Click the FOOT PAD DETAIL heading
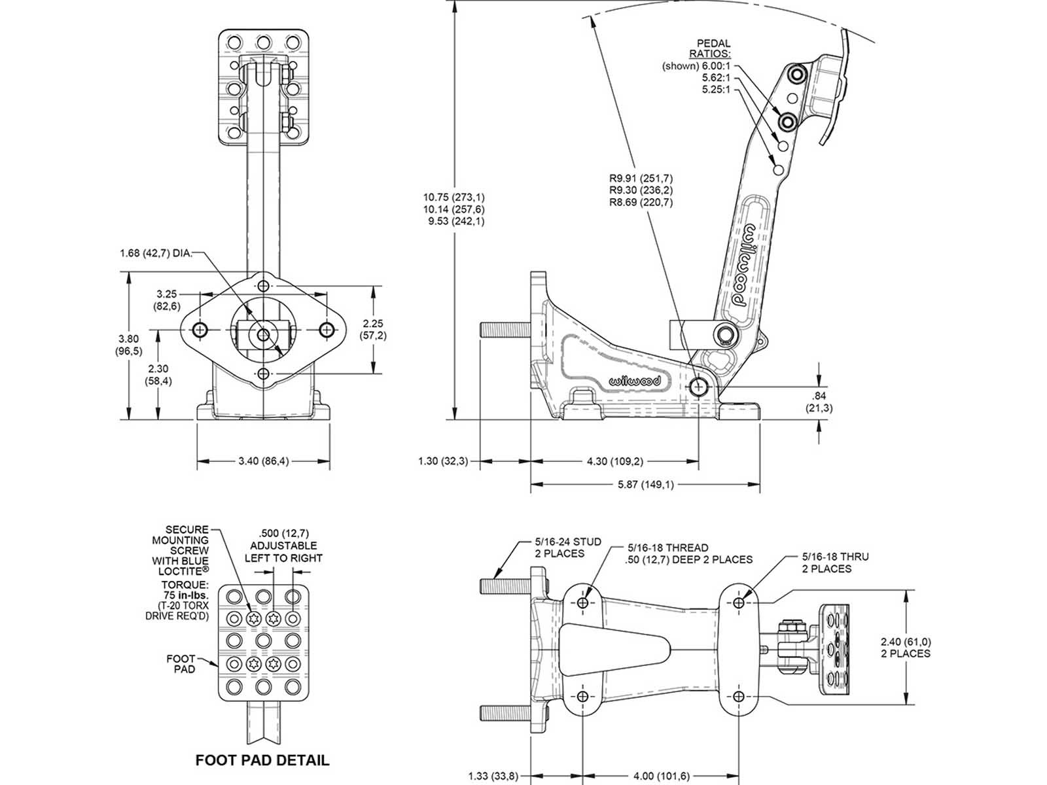pos(262,760)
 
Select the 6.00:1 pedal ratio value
pos(717,66)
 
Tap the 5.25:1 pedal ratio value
pos(716,90)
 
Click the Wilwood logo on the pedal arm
pos(743,265)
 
